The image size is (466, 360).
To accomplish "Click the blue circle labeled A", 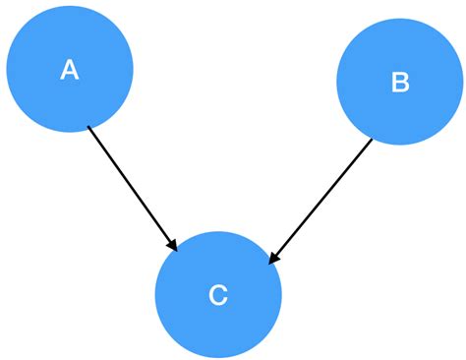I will coord(69,69).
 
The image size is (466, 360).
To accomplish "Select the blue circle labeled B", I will coord(400,82).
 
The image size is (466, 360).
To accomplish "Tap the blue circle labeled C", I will coord(218,294).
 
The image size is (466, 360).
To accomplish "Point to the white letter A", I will coord(69,70).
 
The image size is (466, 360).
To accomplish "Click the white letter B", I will coord(400,83).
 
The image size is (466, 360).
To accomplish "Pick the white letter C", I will coord(218,295).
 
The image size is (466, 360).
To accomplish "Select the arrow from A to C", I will coord(131,186).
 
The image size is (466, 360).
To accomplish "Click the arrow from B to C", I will coord(320,202).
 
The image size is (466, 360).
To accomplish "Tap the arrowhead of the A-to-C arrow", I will coord(173,244).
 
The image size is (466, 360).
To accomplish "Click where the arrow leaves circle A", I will coord(88,127).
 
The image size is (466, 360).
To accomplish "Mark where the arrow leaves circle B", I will coord(372,139).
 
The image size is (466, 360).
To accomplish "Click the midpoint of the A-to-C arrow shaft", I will coord(131,186).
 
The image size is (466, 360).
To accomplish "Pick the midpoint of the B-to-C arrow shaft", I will coord(321,201).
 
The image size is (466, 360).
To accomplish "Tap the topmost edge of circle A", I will coord(69,7).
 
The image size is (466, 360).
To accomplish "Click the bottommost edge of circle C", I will coord(218,357).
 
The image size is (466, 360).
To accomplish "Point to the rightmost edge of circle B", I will coord(463,82).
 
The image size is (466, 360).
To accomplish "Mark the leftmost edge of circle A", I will coord(7,69).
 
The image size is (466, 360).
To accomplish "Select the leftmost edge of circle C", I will coord(155,294).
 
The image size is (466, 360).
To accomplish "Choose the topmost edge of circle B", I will coord(400,19).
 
